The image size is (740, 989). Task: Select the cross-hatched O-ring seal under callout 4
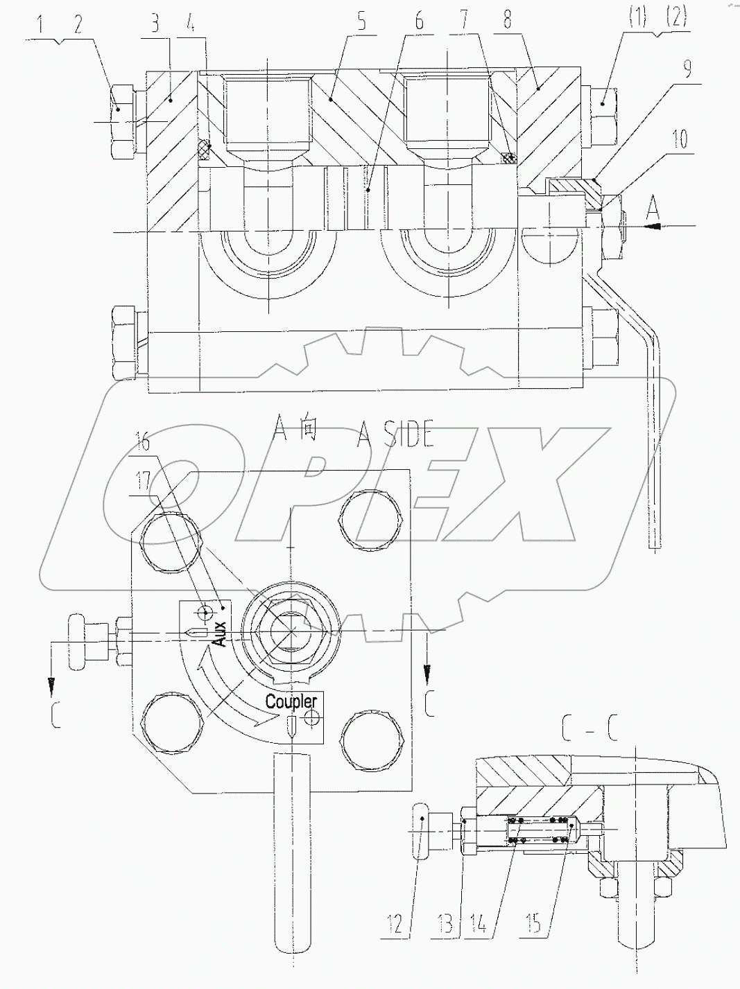(205, 148)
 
